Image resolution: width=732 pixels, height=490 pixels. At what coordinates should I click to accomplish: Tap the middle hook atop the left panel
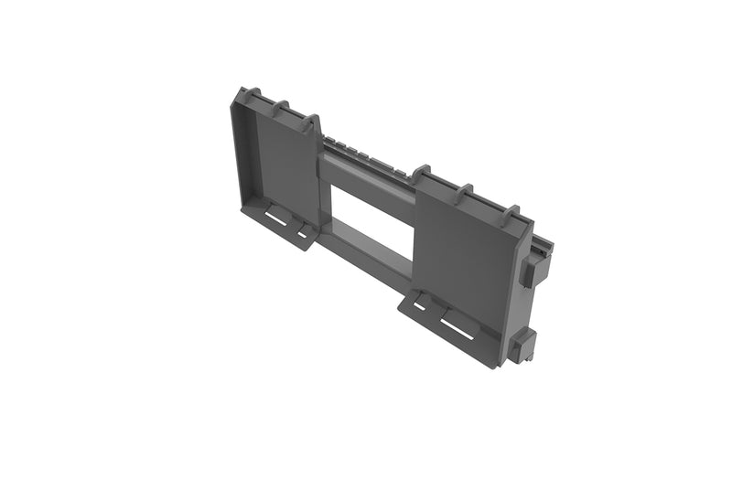(281, 108)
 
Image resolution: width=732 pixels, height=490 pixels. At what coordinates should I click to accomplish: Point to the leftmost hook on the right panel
(420, 173)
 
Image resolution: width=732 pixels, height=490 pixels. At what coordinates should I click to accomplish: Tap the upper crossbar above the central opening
(366, 174)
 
